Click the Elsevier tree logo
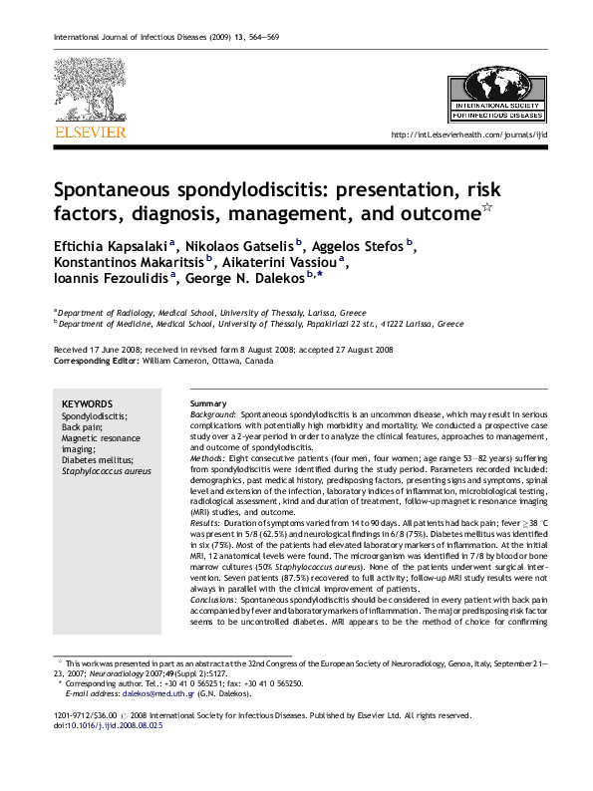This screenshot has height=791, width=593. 89,91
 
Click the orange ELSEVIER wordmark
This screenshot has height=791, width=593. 89,132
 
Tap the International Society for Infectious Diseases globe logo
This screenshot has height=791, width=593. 496,90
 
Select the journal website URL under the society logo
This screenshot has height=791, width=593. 468,135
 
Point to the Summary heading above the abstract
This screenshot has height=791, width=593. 208,402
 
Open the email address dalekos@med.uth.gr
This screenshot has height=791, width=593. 140,694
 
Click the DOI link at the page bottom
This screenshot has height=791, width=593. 114,725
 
